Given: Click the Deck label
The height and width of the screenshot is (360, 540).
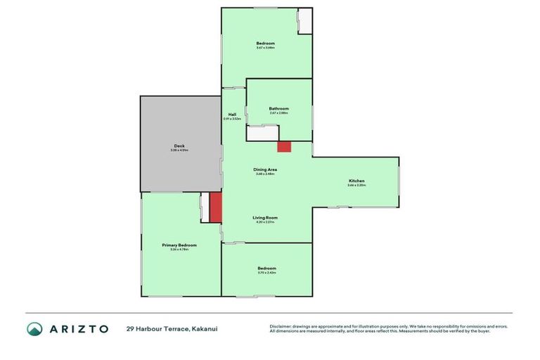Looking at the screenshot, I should coord(179,146).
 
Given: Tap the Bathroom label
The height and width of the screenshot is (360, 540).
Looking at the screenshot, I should coord(278,108).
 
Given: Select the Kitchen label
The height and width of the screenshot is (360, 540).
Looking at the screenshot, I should coord(356,181).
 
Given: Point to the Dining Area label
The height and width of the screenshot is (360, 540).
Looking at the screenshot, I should coord(265,169).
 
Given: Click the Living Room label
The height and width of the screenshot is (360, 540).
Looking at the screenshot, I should coord(265,217).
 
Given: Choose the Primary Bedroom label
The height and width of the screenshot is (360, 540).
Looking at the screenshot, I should coord(179,245).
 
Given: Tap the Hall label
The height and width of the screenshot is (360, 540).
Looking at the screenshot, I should coord(232,114).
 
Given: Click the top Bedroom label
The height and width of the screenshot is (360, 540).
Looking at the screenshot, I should coord(265,44).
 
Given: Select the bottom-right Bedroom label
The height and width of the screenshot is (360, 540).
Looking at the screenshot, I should coord(266,268).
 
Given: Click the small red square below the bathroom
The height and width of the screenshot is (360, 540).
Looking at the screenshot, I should coord(284,146).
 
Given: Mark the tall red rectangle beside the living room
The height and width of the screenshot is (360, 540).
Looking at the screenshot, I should coord(216,207).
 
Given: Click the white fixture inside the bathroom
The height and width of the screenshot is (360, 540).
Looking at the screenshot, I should coord(263,135).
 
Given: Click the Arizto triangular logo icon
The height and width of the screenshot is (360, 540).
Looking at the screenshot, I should coord(35,328).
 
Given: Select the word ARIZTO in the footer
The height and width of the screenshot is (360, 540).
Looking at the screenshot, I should coord(78,328).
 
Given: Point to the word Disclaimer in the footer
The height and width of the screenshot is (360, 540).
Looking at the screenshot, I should coord(281,326).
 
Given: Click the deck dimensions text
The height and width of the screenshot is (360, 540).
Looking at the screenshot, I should coord(179,150).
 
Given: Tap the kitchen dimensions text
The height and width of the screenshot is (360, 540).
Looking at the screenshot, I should coord(356,186).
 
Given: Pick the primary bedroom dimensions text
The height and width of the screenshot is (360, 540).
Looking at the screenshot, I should coord(179,250).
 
